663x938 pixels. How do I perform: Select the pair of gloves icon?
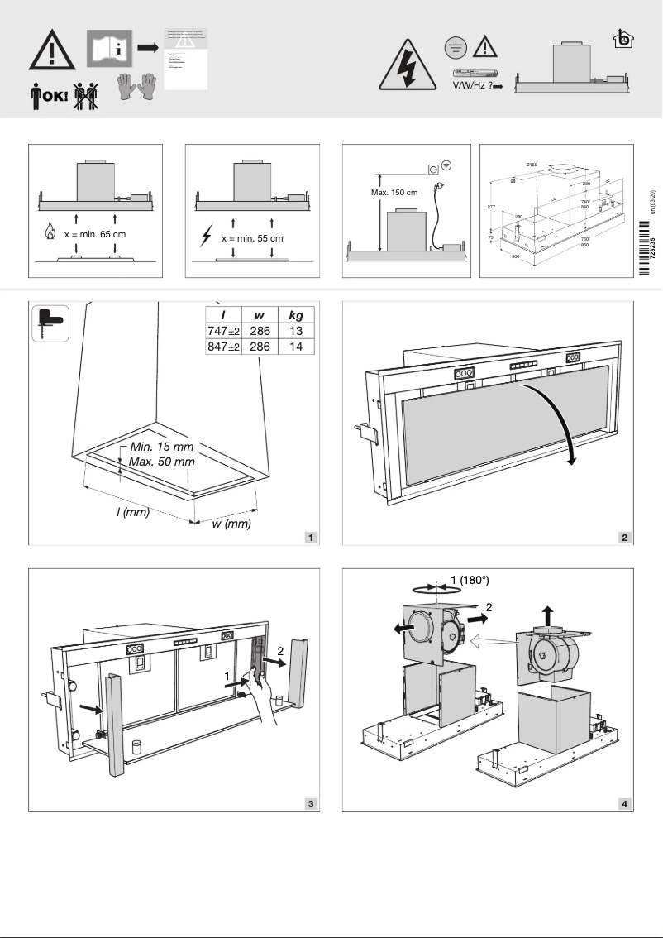[x=136, y=88]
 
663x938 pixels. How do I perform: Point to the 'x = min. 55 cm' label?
[x=252, y=238]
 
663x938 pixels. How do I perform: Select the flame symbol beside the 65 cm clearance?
[x=50, y=234]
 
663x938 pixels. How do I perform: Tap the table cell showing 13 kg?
[x=295, y=331]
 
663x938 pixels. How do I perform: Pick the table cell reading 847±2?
[x=222, y=347]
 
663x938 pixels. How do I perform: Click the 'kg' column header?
[x=295, y=314]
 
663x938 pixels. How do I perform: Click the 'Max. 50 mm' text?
[x=162, y=460]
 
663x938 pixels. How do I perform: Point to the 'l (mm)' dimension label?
[x=132, y=512]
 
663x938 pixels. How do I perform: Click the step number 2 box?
[x=626, y=538]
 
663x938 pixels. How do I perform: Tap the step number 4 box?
[x=626, y=803]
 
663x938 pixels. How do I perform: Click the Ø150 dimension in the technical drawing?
[x=532, y=165]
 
